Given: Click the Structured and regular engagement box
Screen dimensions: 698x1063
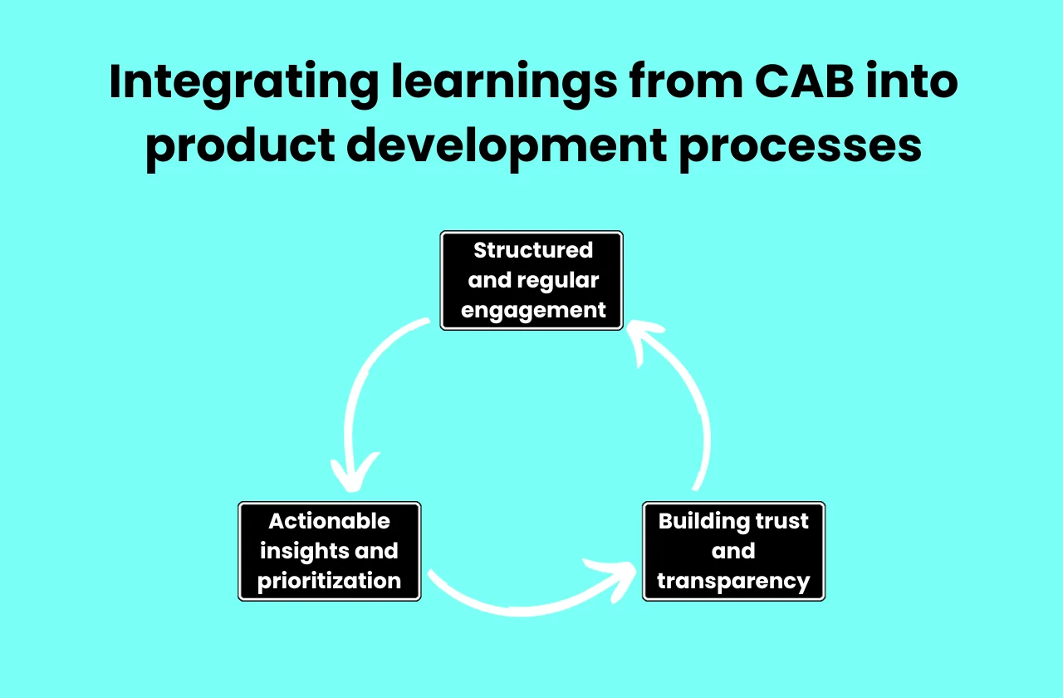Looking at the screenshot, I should [531, 281].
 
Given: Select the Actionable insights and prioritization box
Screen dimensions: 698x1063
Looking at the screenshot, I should [330, 551].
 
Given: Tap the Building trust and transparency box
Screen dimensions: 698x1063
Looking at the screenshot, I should [733, 551].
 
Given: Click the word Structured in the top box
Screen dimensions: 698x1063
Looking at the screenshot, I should [533, 250].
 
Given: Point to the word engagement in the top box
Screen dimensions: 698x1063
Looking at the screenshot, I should [533, 311].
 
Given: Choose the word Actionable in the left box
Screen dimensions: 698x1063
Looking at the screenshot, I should [330, 521].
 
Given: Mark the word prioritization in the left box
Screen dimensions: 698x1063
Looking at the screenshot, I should [330, 581].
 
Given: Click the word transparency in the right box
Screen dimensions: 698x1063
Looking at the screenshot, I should [733, 581].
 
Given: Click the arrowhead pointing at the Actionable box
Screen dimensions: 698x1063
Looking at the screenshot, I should [353, 477].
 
